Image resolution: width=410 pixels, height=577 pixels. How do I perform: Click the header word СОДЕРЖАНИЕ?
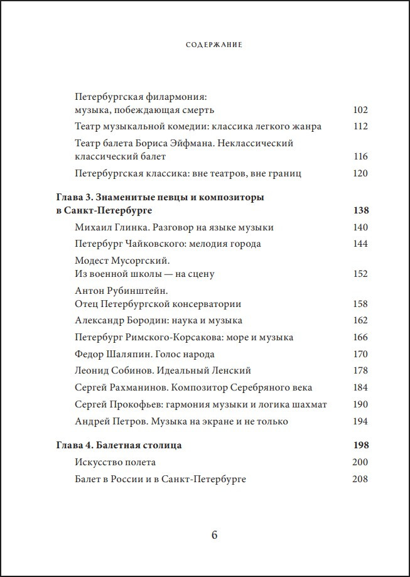214,45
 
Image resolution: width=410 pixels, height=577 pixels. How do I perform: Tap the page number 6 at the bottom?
214,535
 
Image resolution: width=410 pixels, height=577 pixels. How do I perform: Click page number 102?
360,111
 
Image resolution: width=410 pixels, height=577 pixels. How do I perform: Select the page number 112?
360,126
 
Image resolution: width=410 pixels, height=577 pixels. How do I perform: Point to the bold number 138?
360,210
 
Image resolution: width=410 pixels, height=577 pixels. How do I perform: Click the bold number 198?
360,445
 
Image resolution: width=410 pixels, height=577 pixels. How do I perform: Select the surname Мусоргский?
144,261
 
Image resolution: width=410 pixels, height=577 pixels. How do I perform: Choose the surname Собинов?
136,371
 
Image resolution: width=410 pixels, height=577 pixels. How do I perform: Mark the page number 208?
360,479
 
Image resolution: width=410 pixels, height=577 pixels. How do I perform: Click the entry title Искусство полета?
115,462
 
